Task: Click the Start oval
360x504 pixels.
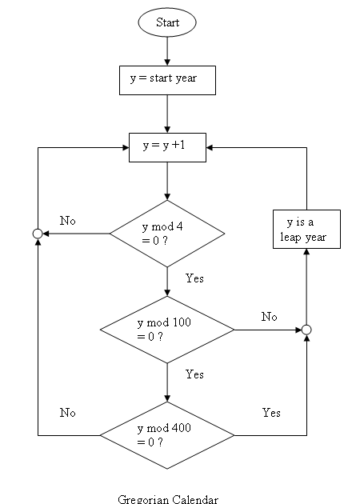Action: [x=167, y=22]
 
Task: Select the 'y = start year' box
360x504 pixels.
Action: [x=167, y=80]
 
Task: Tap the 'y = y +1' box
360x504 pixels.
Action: [x=167, y=146]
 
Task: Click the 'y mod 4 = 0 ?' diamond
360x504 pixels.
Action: [x=167, y=234]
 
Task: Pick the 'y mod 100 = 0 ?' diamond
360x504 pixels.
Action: [x=167, y=329]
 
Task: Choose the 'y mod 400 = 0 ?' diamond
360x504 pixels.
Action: [x=167, y=435]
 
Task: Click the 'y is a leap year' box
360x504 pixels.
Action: [x=306, y=230]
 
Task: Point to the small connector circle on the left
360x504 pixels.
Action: [x=37, y=234]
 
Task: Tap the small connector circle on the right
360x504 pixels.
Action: [x=306, y=329]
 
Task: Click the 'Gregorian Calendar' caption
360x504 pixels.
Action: [x=168, y=499]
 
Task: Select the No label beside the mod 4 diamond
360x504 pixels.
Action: [x=67, y=220]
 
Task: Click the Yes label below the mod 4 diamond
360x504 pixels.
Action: [x=194, y=278]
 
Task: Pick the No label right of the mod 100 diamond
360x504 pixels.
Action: [x=270, y=317]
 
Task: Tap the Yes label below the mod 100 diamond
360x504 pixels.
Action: [x=194, y=374]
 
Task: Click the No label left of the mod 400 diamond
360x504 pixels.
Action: [x=67, y=413]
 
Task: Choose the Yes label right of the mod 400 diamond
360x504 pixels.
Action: [x=271, y=413]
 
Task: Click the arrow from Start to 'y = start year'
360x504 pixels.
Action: [x=167, y=50]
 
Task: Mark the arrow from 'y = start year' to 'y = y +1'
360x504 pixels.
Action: [x=167, y=113]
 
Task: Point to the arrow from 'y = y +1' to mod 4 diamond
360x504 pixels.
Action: [x=167, y=181]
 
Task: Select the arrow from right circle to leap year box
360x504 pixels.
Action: [x=306, y=288]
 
